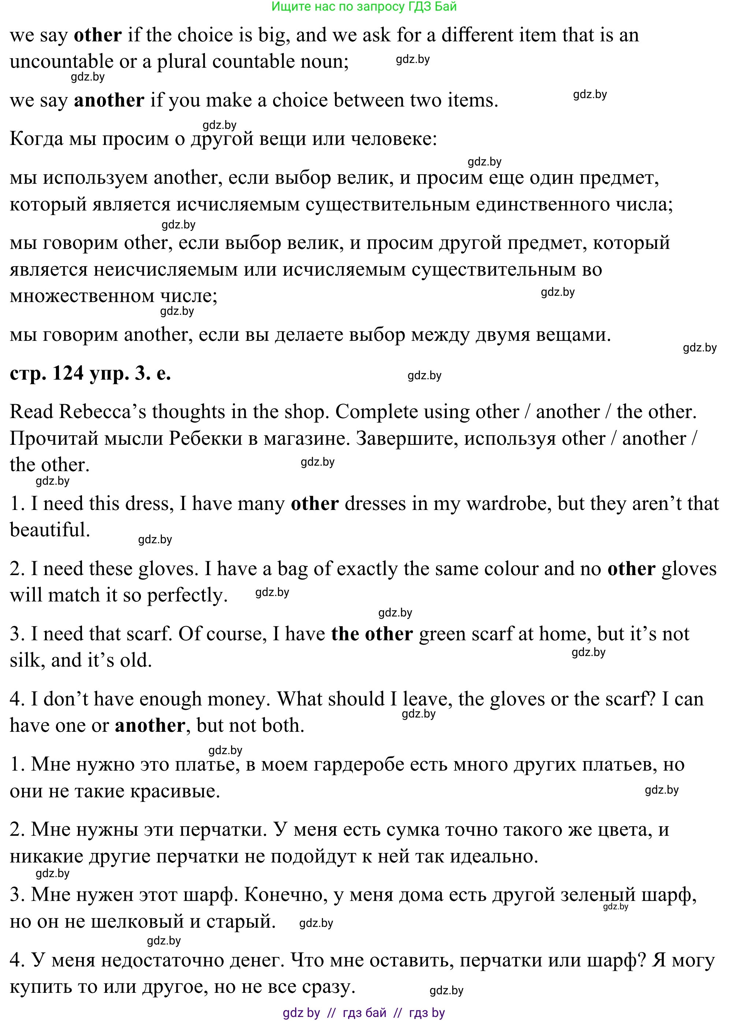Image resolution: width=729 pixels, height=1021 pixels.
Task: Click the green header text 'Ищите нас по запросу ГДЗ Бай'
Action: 364,7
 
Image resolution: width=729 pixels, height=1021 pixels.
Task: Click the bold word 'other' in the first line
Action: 98,36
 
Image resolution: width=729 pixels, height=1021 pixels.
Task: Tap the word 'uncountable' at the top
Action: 62,62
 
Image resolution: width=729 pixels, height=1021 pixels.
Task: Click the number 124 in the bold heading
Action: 68,373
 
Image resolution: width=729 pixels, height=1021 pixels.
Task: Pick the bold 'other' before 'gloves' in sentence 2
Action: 631,569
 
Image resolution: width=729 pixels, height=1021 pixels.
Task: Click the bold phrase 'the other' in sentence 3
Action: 372,634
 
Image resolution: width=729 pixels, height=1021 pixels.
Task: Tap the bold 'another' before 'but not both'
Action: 150,726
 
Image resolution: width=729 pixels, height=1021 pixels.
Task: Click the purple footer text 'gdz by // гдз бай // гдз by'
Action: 364,1013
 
